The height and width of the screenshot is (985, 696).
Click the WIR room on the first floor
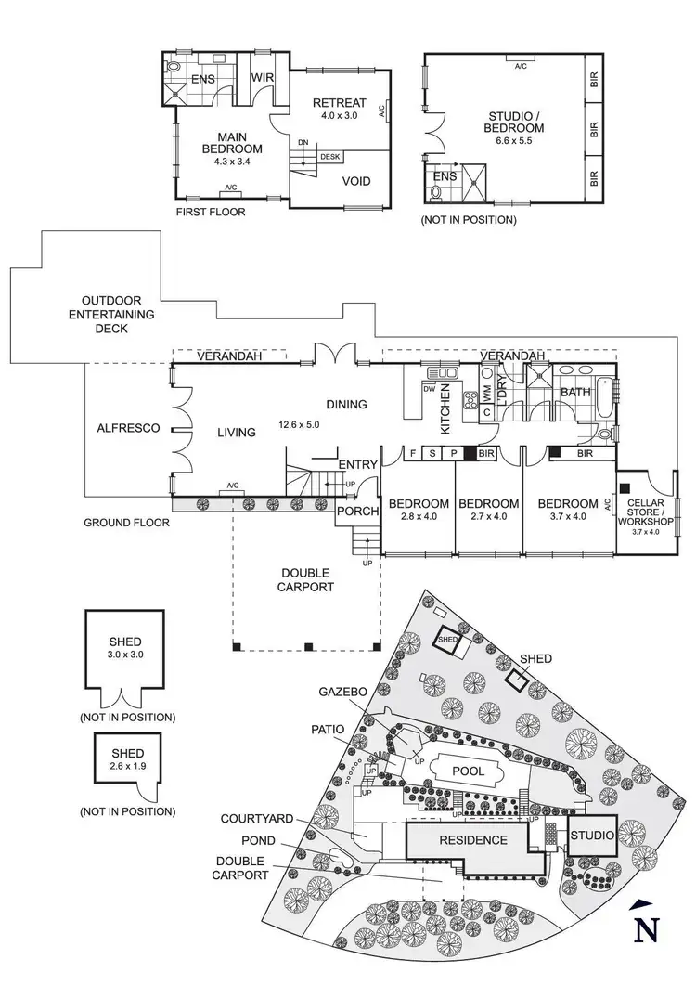(263, 77)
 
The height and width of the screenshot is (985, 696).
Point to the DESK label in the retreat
(329, 157)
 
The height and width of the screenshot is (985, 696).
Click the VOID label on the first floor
(357, 181)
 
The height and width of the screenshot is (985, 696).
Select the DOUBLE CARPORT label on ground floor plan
(306, 579)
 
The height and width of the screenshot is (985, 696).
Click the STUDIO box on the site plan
(591, 836)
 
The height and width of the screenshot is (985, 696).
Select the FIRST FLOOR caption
(210, 213)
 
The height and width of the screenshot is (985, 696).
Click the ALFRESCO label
(129, 428)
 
